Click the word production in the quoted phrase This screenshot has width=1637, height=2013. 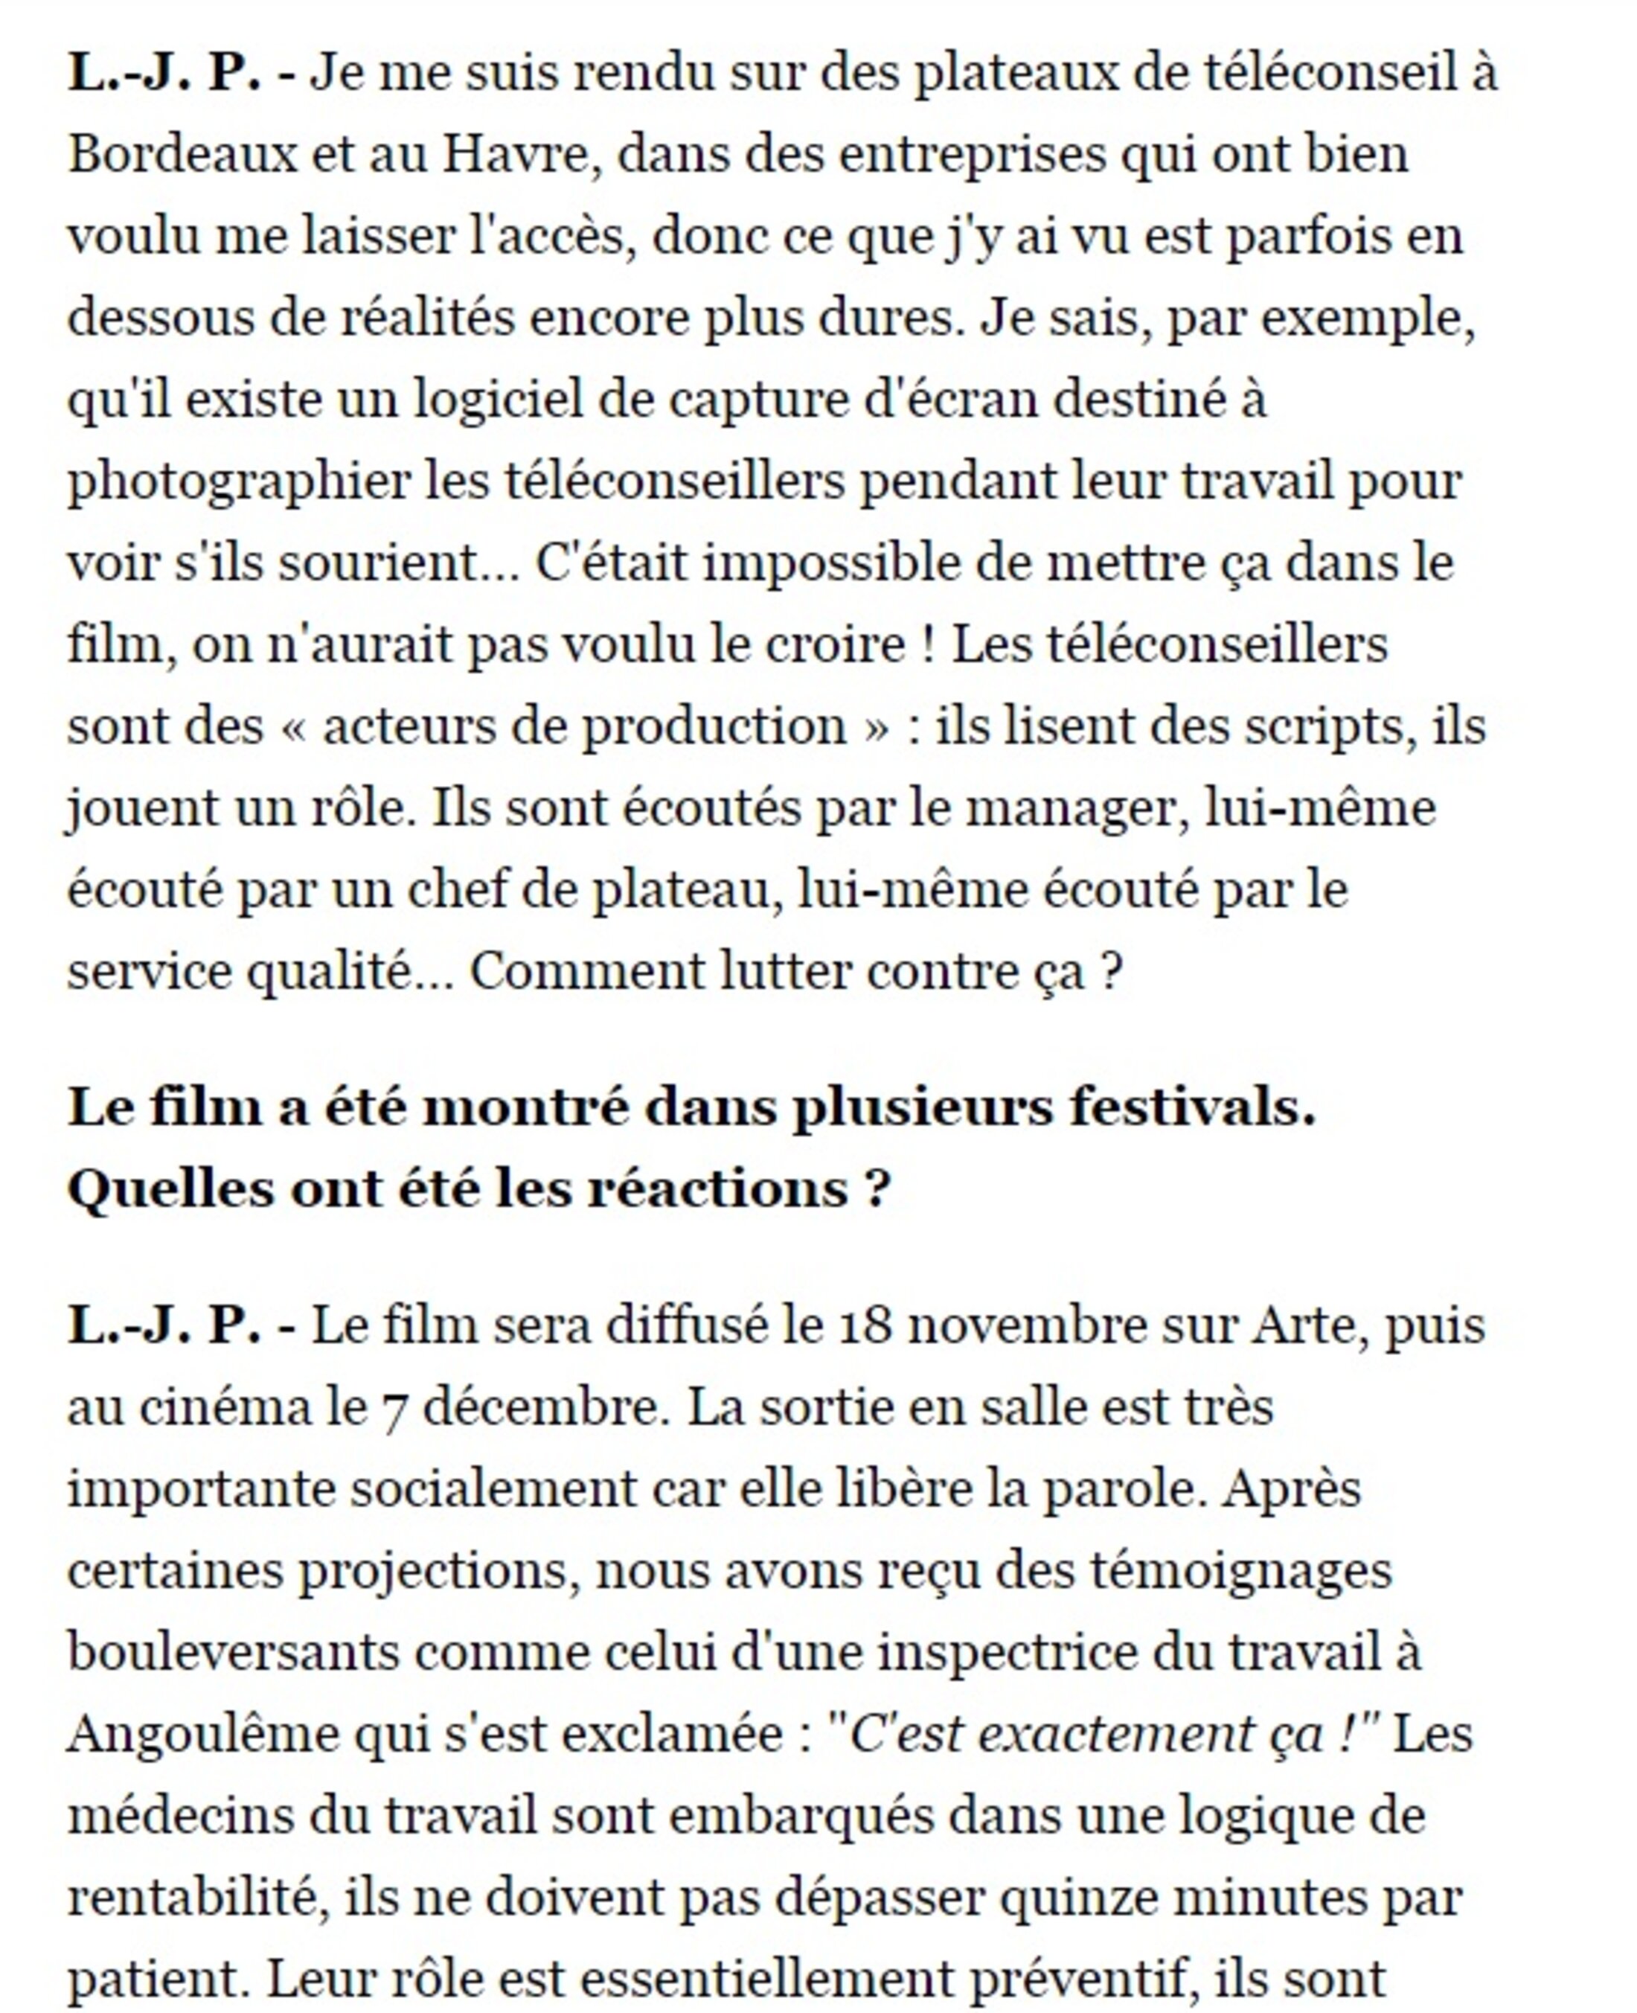point(713,727)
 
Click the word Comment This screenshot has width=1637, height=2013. point(586,972)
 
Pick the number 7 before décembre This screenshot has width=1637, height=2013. point(394,1409)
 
